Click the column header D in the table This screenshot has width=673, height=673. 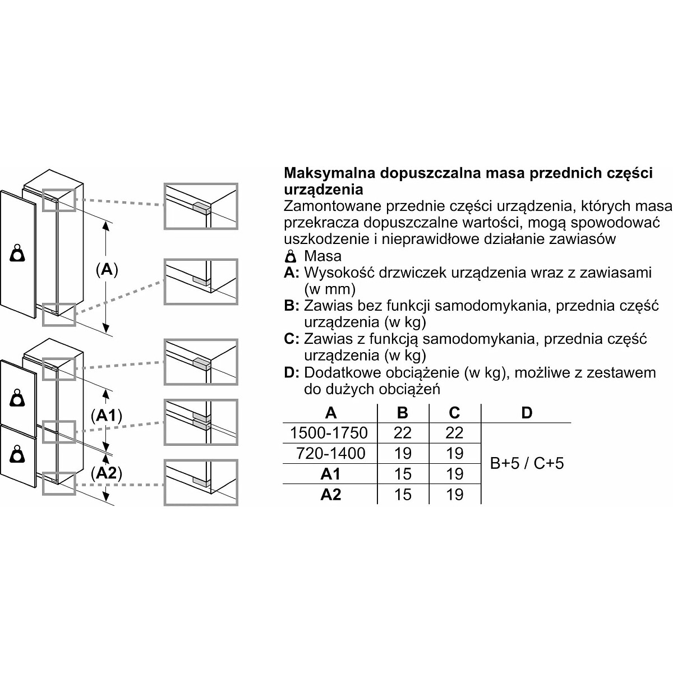(x=526, y=413)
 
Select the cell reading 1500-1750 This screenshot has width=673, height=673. (x=329, y=432)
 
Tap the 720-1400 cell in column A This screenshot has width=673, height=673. (x=329, y=453)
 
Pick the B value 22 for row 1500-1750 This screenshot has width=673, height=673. (x=403, y=432)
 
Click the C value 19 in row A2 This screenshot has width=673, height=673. (x=454, y=495)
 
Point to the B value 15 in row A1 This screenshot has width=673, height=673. (x=403, y=474)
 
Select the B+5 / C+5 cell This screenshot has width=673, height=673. (x=526, y=463)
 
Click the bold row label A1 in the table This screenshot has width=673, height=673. (x=330, y=474)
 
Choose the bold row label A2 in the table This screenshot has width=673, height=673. (x=330, y=495)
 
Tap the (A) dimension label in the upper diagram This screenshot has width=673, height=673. (x=106, y=270)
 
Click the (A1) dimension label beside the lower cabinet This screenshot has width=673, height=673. (x=106, y=416)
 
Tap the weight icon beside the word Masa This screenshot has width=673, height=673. (x=291, y=257)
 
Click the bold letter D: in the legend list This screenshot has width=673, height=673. (x=292, y=372)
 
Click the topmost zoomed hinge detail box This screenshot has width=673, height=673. (x=200, y=206)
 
